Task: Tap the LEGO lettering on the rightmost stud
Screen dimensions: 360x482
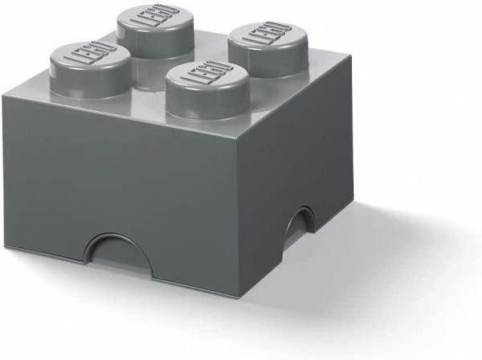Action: tap(263, 39)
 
